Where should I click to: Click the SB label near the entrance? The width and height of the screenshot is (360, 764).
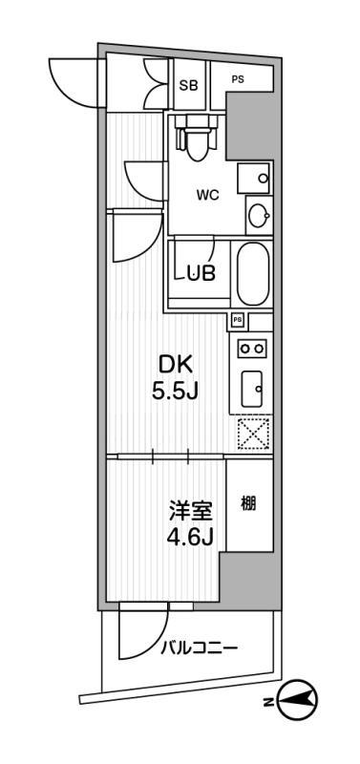(x=188, y=84)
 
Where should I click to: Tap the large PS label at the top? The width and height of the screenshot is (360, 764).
(x=237, y=78)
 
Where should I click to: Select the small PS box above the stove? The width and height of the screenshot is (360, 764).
(x=237, y=320)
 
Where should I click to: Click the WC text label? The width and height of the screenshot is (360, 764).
(x=208, y=195)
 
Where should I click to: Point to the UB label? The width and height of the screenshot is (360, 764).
(x=201, y=272)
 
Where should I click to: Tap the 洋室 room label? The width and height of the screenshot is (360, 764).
(x=191, y=510)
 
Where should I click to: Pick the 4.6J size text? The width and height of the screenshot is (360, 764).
(x=191, y=538)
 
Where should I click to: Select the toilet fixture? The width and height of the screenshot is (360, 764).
(x=198, y=139)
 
